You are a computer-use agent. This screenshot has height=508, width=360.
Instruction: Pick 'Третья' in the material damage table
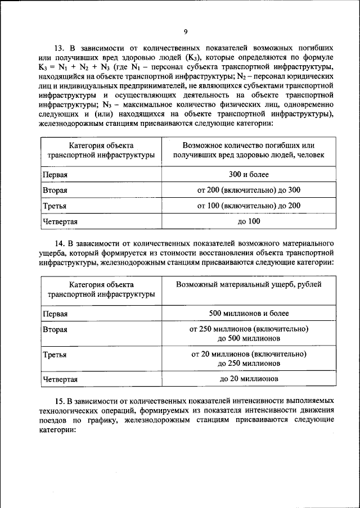[55, 355]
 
